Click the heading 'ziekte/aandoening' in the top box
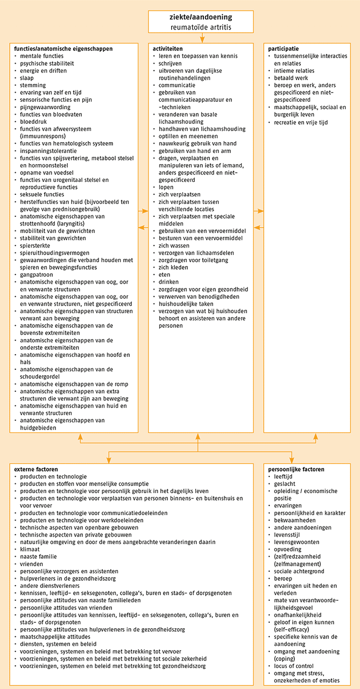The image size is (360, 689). point(201,17)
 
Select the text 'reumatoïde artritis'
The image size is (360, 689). point(201,26)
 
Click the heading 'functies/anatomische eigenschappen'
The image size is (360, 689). point(63,48)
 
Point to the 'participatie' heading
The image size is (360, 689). point(284,48)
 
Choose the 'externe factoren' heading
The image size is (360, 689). point(36,469)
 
